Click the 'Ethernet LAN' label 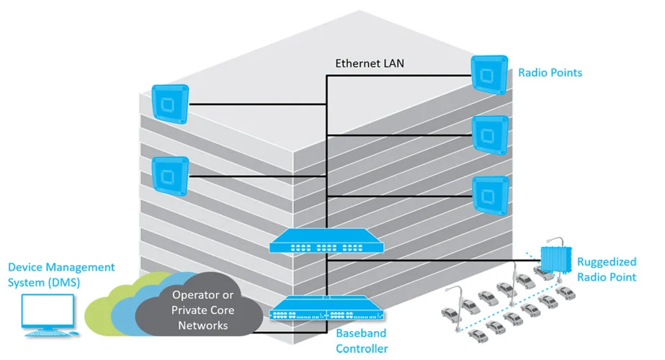point(370,63)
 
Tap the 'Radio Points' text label point(550,73)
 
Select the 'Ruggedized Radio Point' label point(607,269)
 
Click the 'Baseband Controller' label point(362,341)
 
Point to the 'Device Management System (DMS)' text point(61,275)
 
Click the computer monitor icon point(49,315)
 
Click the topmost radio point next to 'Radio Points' point(489,74)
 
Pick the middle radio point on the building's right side point(490,135)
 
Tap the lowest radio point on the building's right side point(491,195)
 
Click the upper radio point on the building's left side point(170,104)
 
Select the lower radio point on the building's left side point(170,176)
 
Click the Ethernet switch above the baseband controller point(326,241)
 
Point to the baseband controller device point(326,308)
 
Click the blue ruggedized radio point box point(555,259)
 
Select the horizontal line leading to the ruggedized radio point point(434,261)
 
